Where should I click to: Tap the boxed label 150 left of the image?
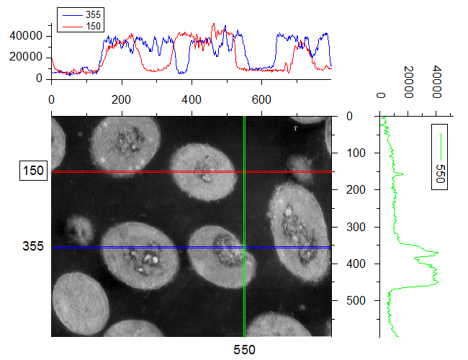click(34, 171)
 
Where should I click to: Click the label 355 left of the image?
click(34, 247)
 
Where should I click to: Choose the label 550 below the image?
click(245, 349)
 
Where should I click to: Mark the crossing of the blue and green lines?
click(245, 247)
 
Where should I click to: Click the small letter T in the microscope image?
click(295, 128)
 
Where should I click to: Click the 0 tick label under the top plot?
click(52, 98)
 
